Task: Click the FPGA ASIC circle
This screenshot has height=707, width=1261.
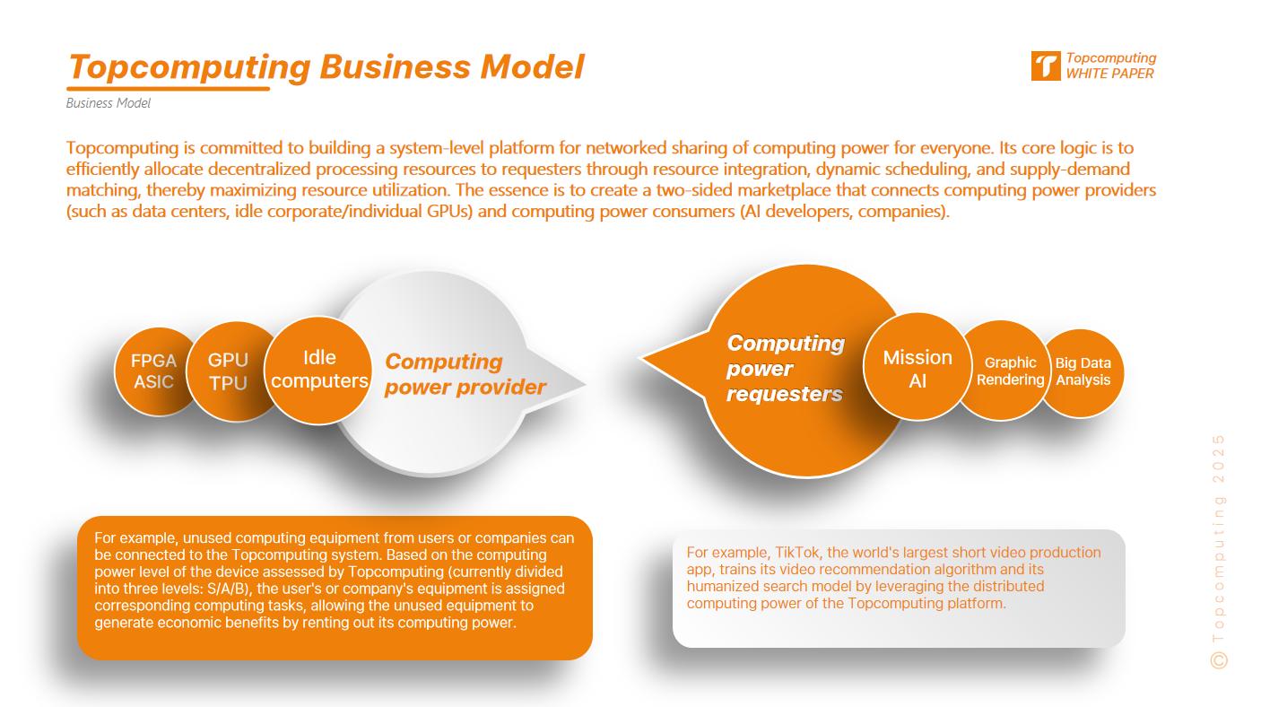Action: (x=153, y=371)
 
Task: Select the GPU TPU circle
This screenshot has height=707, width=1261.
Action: (x=228, y=371)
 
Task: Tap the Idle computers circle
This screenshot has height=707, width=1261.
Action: (x=319, y=370)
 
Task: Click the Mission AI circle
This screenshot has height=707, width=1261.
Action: (x=917, y=368)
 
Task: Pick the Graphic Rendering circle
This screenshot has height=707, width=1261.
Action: (x=1010, y=371)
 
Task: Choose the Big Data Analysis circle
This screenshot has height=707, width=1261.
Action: (x=1083, y=371)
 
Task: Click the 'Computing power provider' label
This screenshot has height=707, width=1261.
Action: (x=465, y=374)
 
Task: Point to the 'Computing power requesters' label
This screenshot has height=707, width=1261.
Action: (x=785, y=368)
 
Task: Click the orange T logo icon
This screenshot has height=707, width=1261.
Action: (x=1045, y=66)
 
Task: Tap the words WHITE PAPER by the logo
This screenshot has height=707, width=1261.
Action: (x=1109, y=74)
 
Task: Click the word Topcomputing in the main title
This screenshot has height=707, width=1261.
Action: (x=188, y=67)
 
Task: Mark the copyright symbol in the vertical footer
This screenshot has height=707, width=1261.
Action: (x=1218, y=659)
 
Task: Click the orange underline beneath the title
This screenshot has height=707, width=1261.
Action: (x=169, y=89)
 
